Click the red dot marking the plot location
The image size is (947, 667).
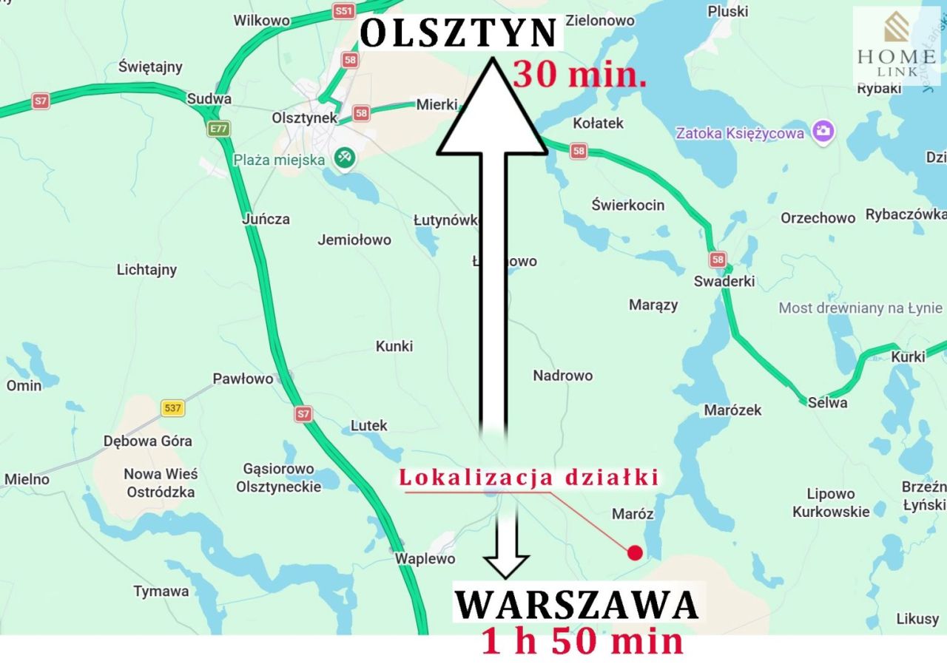pos(634,552)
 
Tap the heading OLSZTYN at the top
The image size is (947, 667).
pos(459,34)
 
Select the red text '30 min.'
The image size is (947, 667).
pos(579,75)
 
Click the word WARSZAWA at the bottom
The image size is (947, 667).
pos(576,605)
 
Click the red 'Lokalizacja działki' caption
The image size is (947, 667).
pos(528,478)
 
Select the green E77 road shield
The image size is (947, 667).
pos(218,129)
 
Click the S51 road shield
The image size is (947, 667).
pos(343,10)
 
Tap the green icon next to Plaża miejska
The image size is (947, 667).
pos(343,158)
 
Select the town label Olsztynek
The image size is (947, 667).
pos(304,118)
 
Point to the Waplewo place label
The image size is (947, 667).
pos(425,559)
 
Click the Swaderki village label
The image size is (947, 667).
pos(724,282)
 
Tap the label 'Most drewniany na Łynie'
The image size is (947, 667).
pos(860,308)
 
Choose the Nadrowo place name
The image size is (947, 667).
pos(562,376)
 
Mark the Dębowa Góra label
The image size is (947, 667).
pos(147,441)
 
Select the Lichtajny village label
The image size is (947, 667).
pos(146,270)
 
